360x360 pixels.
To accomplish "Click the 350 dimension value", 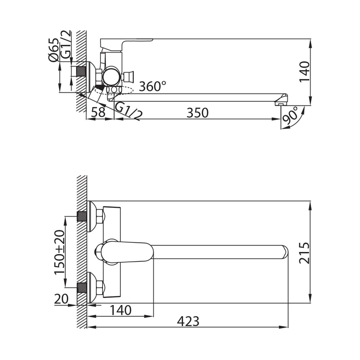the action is [x=197, y=113].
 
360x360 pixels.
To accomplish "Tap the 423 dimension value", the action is [x=188, y=321].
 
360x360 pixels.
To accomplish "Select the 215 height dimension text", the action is [x=304, y=253].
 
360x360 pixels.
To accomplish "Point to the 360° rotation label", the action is [x=152, y=86].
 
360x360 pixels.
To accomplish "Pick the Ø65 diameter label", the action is [x=53, y=50].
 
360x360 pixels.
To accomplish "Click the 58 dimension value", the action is [x=98, y=112].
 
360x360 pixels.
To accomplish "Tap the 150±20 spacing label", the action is [x=60, y=252].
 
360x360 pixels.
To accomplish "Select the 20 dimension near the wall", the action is [x=61, y=299].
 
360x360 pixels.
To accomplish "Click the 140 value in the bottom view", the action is [x=121, y=310].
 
